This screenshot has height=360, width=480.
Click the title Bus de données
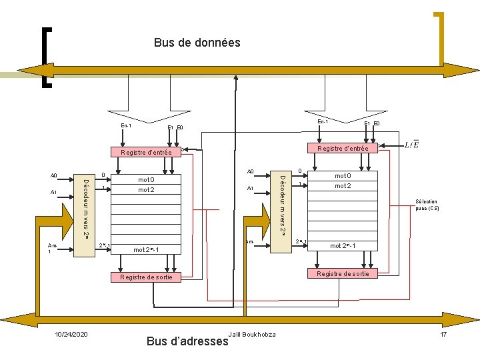click(197, 43)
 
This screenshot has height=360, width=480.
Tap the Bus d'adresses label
click(187, 341)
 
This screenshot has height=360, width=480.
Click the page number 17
click(443, 333)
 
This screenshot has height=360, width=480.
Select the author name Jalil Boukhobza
click(251, 333)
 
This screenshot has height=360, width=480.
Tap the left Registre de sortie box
click(146, 277)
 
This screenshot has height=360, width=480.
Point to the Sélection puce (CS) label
click(427, 205)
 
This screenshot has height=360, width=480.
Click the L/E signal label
click(412, 145)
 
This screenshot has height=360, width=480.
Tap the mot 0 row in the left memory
click(146, 180)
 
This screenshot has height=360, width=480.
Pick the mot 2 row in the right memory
click(343, 186)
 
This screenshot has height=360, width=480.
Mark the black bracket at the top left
click(45, 57)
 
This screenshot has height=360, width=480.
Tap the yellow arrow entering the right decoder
click(256, 223)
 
